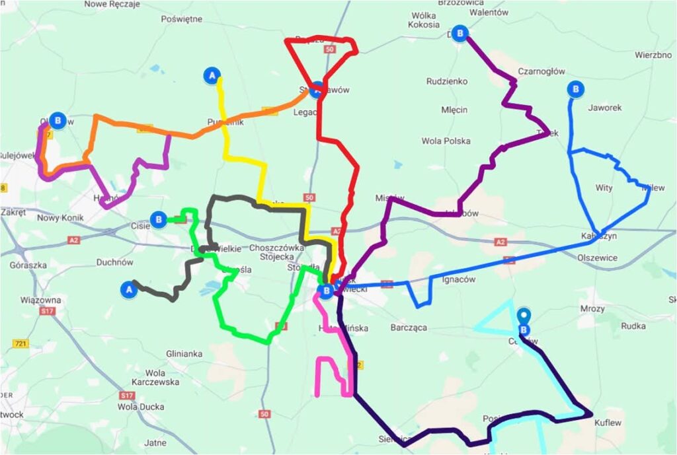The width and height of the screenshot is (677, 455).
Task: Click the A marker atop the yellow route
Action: pos(212,75)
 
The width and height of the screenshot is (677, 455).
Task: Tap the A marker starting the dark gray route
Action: pos(130,289)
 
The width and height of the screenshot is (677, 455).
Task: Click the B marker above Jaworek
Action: pos(576,88)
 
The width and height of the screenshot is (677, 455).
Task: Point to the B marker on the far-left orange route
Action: pos(58,120)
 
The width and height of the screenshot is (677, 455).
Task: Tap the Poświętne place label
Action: pos(181,19)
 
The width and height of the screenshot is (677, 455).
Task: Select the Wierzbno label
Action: pos(653,55)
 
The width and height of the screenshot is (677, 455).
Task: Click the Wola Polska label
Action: pos(446,141)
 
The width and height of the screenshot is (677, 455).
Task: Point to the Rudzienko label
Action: pos(447,81)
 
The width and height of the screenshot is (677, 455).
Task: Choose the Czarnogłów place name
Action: pos(541,71)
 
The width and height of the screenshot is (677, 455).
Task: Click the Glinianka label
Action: pos(184,354)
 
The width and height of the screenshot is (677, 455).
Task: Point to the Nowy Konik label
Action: pos(58,218)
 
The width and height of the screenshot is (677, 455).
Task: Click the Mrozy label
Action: pos(592,308)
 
